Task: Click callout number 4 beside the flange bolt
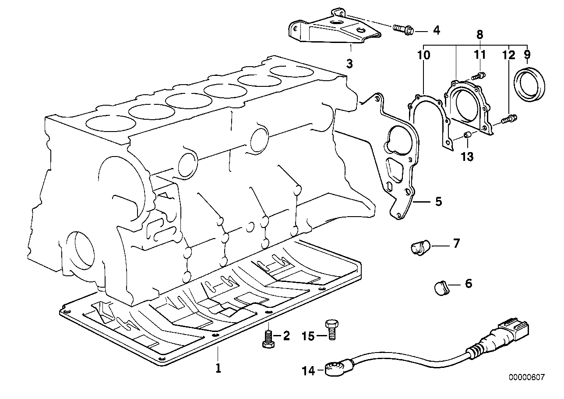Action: pos(436,31)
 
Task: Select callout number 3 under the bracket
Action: pos(349,64)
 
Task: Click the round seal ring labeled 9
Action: pos(529,85)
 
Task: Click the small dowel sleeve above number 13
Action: pos(468,136)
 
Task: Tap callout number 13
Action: pos(467,157)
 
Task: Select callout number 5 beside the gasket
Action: pos(439,202)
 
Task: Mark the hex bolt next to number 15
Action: pos(332,330)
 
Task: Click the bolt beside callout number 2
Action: pos(268,339)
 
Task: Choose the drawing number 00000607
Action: pos(526,377)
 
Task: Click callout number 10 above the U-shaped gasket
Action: pos(424,55)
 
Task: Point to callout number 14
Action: pos(308,371)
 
